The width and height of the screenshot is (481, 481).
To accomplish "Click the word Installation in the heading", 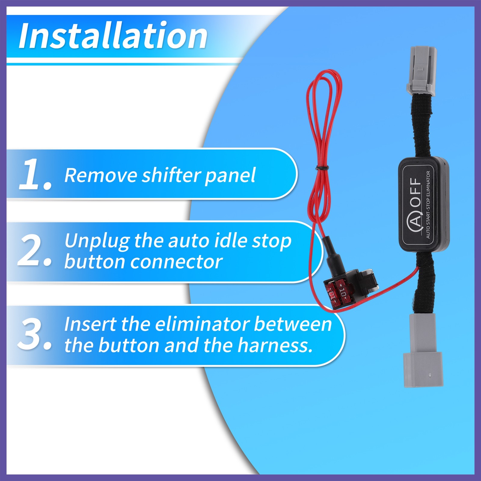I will coord(113,36).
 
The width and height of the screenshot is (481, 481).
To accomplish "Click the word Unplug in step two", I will coord(97,241).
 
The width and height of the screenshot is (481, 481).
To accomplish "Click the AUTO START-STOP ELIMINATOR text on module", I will coord(428,204).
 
